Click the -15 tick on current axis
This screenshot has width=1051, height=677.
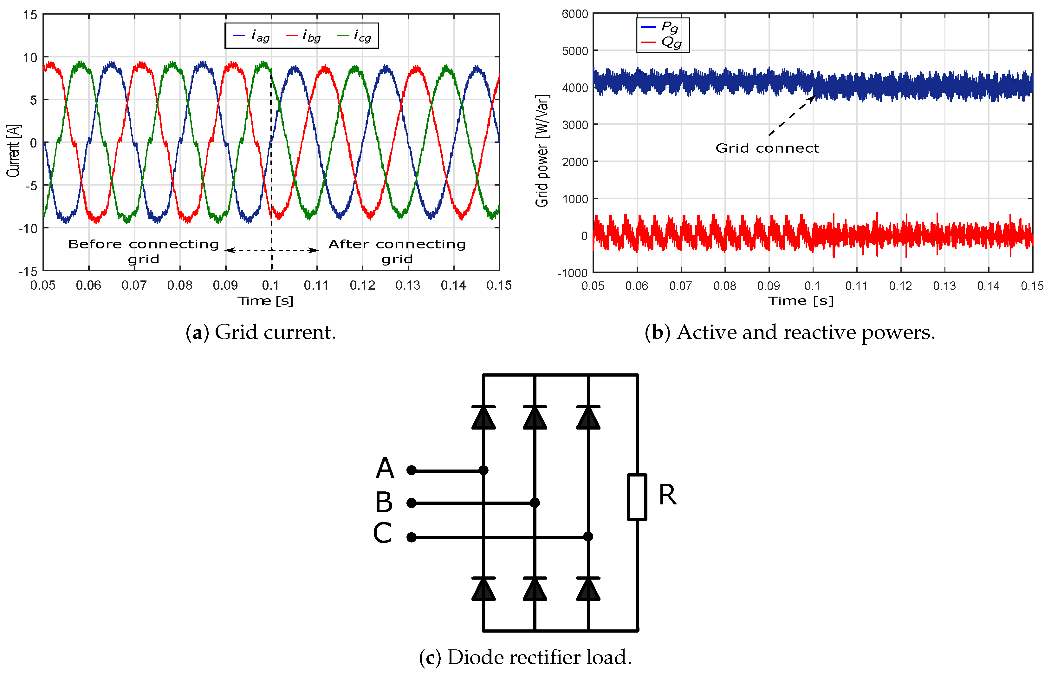click(x=28, y=271)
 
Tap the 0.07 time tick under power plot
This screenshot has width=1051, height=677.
click(x=680, y=286)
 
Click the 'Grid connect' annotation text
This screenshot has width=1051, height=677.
click(x=767, y=148)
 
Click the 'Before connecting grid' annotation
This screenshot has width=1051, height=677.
click(x=143, y=251)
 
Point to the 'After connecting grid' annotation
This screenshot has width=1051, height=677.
click(x=397, y=251)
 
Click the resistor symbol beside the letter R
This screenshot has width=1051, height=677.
click(x=637, y=497)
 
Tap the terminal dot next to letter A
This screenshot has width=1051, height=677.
click(x=411, y=470)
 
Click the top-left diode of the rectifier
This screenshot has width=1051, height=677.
click(x=483, y=417)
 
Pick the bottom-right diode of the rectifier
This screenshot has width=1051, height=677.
click(x=588, y=589)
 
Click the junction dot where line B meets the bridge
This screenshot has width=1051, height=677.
click(x=535, y=503)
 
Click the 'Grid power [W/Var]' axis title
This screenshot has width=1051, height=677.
click(x=542, y=150)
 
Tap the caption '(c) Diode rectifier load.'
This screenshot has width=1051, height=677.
click(x=525, y=658)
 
